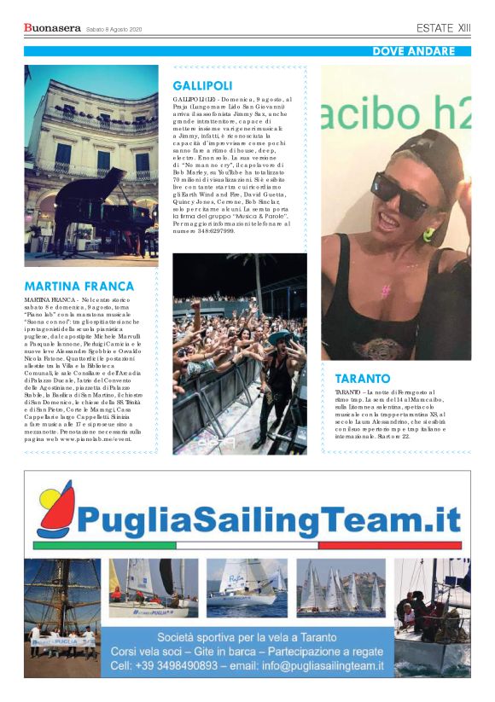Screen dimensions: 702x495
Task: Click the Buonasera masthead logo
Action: point(51,28)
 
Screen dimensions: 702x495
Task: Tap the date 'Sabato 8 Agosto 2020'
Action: point(114,30)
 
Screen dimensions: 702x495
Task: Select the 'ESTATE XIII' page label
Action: point(443,28)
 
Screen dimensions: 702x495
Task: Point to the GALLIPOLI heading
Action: point(202,86)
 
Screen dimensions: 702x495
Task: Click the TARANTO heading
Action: point(362,378)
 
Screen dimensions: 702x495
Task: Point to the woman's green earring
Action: point(429,233)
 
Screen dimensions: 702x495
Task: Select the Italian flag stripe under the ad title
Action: point(247,544)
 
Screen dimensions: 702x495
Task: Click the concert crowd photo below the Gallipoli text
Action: point(240,353)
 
